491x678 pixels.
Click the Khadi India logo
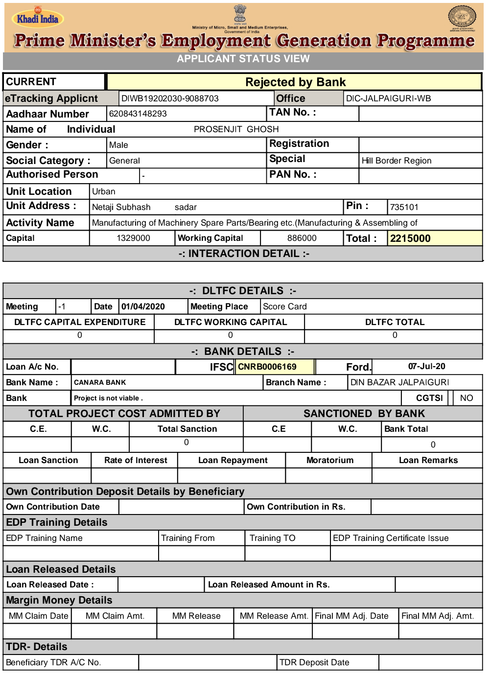tap(38, 19)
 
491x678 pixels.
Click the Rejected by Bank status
tap(295, 82)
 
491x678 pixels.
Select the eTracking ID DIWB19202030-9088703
tap(170, 98)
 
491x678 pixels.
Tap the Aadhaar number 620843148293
tap(138, 114)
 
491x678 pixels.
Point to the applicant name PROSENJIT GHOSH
tap(236, 129)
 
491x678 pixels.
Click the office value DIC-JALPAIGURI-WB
tap(388, 98)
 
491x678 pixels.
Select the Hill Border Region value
tap(396, 161)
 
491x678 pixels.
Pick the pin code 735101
tap(404, 207)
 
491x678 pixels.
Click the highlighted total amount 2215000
tap(410, 238)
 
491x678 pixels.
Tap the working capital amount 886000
tap(302, 238)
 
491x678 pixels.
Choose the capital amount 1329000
tap(133, 238)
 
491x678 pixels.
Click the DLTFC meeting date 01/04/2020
tap(143, 306)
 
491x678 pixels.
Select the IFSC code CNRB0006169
tap(267, 367)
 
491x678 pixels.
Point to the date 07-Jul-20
tap(426, 366)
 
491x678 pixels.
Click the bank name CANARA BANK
tap(100, 382)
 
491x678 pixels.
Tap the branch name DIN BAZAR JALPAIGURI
tap(399, 382)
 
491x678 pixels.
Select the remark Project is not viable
tap(108, 398)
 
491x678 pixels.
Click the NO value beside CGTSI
tap(466, 398)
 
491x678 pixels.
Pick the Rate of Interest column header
tap(136, 460)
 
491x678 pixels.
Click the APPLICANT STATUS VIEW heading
tap(243, 59)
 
